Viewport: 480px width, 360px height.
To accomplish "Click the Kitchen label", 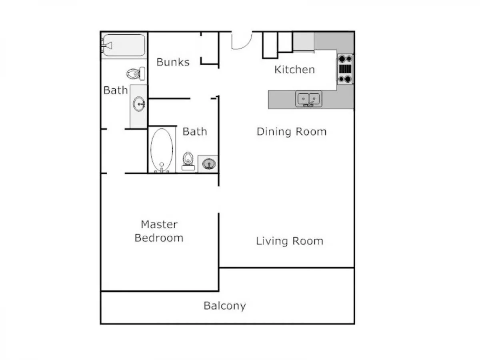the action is click(294, 70).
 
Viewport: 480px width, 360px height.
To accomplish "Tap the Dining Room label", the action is click(292, 132).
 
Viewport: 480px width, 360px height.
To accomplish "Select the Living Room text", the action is click(290, 241).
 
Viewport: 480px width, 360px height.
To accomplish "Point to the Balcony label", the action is click(225, 306).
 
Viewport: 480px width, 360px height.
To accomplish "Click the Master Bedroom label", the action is click(159, 231).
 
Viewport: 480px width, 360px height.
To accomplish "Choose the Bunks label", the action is click(173, 62).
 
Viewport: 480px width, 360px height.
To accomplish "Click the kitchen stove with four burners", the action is click(345, 69).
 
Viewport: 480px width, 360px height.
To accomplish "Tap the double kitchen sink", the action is click(308, 99).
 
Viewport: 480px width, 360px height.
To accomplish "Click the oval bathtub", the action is click(162, 150).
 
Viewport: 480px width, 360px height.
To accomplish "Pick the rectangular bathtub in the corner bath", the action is click(124, 45).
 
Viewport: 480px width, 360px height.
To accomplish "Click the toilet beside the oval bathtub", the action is click(188, 161).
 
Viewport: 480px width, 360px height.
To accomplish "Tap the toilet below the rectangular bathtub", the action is click(136, 74).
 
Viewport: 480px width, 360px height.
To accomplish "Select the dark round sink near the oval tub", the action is click(209, 164).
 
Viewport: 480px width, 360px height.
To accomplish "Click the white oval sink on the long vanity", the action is click(139, 104).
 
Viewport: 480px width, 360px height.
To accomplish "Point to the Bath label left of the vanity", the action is click(116, 90).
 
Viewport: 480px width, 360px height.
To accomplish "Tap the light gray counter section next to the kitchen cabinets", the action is click(304, 42).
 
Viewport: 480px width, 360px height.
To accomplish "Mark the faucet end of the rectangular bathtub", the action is click(106, 46).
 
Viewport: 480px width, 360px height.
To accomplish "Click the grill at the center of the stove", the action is click(345, 69).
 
